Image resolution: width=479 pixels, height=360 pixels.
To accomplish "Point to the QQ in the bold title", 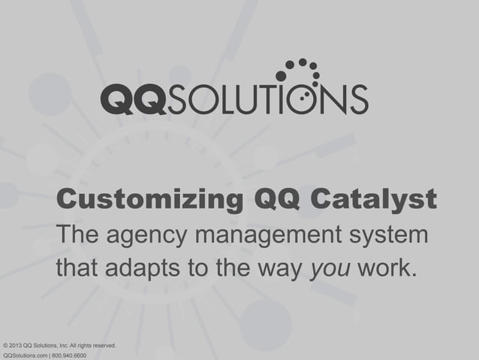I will (277, 201).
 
